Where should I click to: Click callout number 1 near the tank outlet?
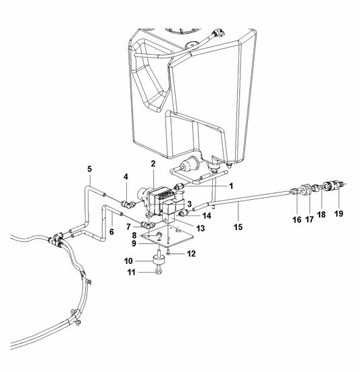click(x=230, y=185)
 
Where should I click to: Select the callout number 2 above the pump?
click(x=153, y=163)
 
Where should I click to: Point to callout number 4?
click(x=125, y=178)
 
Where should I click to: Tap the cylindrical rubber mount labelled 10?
click(x=160, y=261)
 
